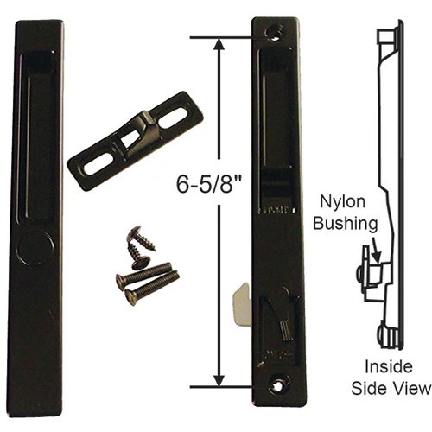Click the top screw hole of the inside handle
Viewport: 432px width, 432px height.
click(x=277, y=29)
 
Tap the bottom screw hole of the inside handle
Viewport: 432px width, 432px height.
click(x=277, y=378)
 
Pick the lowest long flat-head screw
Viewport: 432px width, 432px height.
click(x=151, y=288)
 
